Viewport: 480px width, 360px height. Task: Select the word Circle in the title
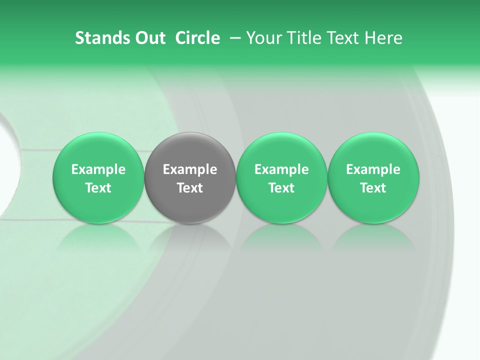(x=197, y=38)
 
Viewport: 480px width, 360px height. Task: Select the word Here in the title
(x=383, y=38)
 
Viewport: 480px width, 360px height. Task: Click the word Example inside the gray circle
(x=190, y=169)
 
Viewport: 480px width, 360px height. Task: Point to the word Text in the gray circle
(x=190, y=188)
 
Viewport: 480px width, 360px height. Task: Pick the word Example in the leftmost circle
(x=98, y=169)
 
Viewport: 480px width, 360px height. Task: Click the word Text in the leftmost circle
(x=98, y=188)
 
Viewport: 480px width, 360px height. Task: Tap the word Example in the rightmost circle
(x=373, y=169)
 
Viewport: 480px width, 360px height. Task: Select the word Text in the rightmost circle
(x=373, y=188)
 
